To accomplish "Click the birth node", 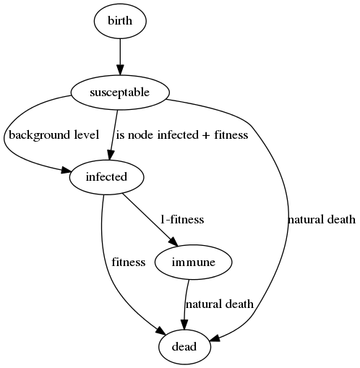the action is click(x=120, y=21).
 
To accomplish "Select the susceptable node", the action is click(x=120, y=93).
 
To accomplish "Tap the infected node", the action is click(x=106, y=177).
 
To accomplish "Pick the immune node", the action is click(x=194, y=262).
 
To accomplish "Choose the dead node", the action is click(x=184, y=347).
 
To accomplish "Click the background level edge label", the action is click(x=54, y=134).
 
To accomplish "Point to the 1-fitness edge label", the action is click(x=182, y=220).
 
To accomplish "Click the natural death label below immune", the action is click(x=220, y=304).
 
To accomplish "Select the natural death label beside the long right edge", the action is click(x=322, y=220).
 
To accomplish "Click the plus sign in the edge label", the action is click(x=205, y=135).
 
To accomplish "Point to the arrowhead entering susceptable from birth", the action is click(x=120, y=70).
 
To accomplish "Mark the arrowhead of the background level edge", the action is click(x=65, y=170).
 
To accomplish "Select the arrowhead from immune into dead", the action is click(x=184, y=325).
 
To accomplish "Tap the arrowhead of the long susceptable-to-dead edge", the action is click(x=215, y=338).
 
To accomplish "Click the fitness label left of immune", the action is click(x=129, y=262).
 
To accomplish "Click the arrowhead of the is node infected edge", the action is click(x=111, y=155).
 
